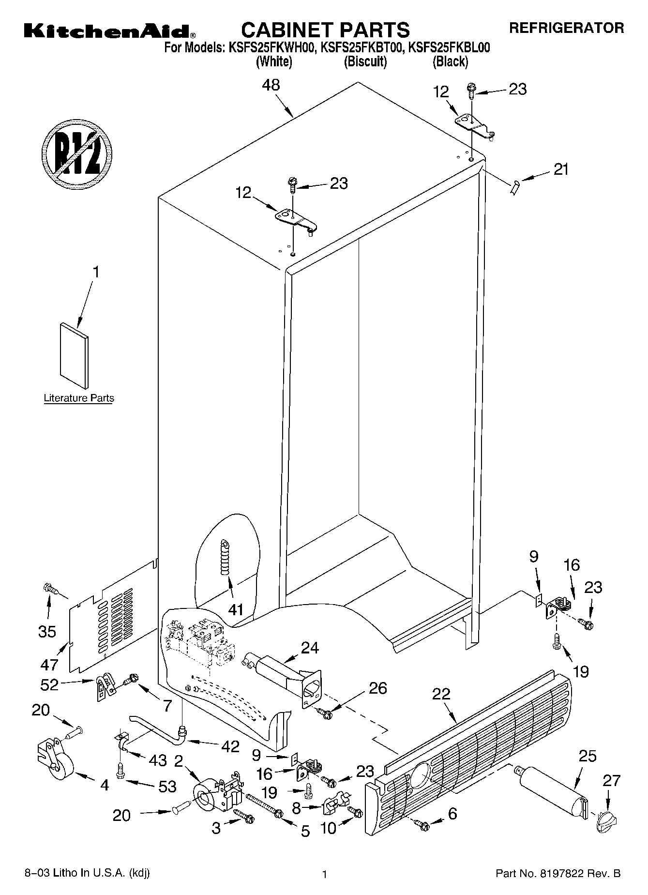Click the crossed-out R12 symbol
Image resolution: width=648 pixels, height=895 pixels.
coord(77,152)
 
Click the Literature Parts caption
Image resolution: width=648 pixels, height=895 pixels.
coord(79,398)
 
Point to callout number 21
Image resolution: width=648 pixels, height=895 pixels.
coord(561,170)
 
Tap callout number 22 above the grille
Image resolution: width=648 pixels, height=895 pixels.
coord(440,694)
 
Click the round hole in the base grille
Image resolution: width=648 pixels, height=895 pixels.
coord(421,773)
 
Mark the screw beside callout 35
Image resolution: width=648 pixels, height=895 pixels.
coord(50,589)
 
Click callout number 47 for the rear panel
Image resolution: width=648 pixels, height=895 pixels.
coord(49,664)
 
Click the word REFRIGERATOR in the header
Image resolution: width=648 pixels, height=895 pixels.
coord(566,28)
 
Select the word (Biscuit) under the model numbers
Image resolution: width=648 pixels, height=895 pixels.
coord(365,61)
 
